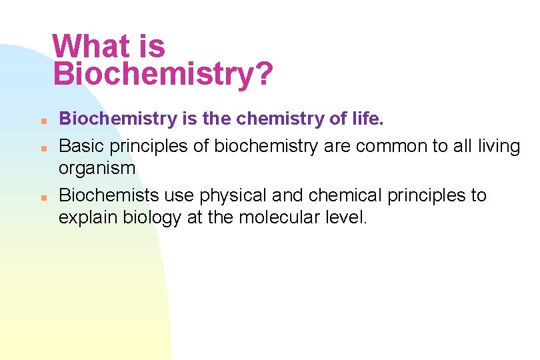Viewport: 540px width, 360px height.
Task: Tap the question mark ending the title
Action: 264,74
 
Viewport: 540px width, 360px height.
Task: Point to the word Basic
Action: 81,145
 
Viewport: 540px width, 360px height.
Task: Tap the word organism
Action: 97,168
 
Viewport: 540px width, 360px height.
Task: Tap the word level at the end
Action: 347,218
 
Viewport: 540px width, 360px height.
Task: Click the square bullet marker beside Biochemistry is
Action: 41,122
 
